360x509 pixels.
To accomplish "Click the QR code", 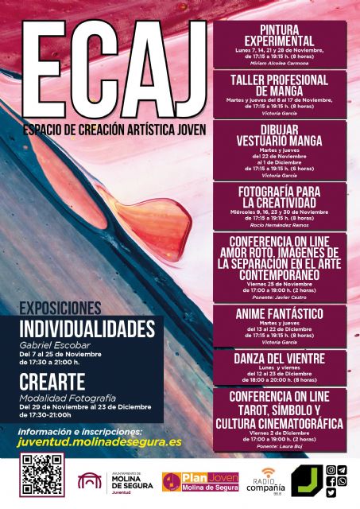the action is (41, 475).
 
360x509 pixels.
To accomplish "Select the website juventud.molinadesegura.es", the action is (99, 442).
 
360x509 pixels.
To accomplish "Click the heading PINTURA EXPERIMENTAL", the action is (279, 35).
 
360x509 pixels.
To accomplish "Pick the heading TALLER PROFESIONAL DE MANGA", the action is (279, 85).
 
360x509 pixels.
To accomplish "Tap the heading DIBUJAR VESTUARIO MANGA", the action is (279, 135).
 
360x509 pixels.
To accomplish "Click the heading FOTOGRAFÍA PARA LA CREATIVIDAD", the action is (279, 196).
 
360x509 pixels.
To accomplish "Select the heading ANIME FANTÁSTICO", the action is (279, 313).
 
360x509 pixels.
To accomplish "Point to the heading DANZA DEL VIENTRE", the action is (279, 358).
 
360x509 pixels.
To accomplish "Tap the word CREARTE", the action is (52, 381).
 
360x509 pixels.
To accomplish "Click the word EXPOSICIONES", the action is (60, 308).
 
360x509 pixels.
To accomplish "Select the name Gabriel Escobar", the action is (51, 346).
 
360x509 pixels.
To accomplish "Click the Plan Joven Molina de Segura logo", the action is (201, 482).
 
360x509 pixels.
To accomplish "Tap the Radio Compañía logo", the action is (264, 482).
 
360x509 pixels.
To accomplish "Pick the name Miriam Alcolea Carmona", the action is (279, 62).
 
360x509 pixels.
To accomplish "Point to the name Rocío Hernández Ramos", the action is (279, 225).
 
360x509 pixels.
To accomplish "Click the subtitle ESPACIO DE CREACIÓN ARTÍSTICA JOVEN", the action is (114, 129).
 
